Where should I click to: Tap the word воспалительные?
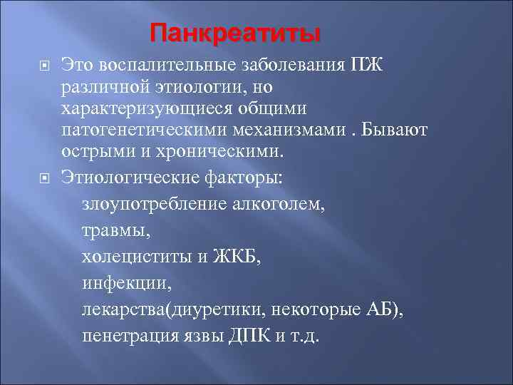(168, 66)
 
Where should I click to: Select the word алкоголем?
(280, 205)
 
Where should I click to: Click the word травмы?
(112, 232)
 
